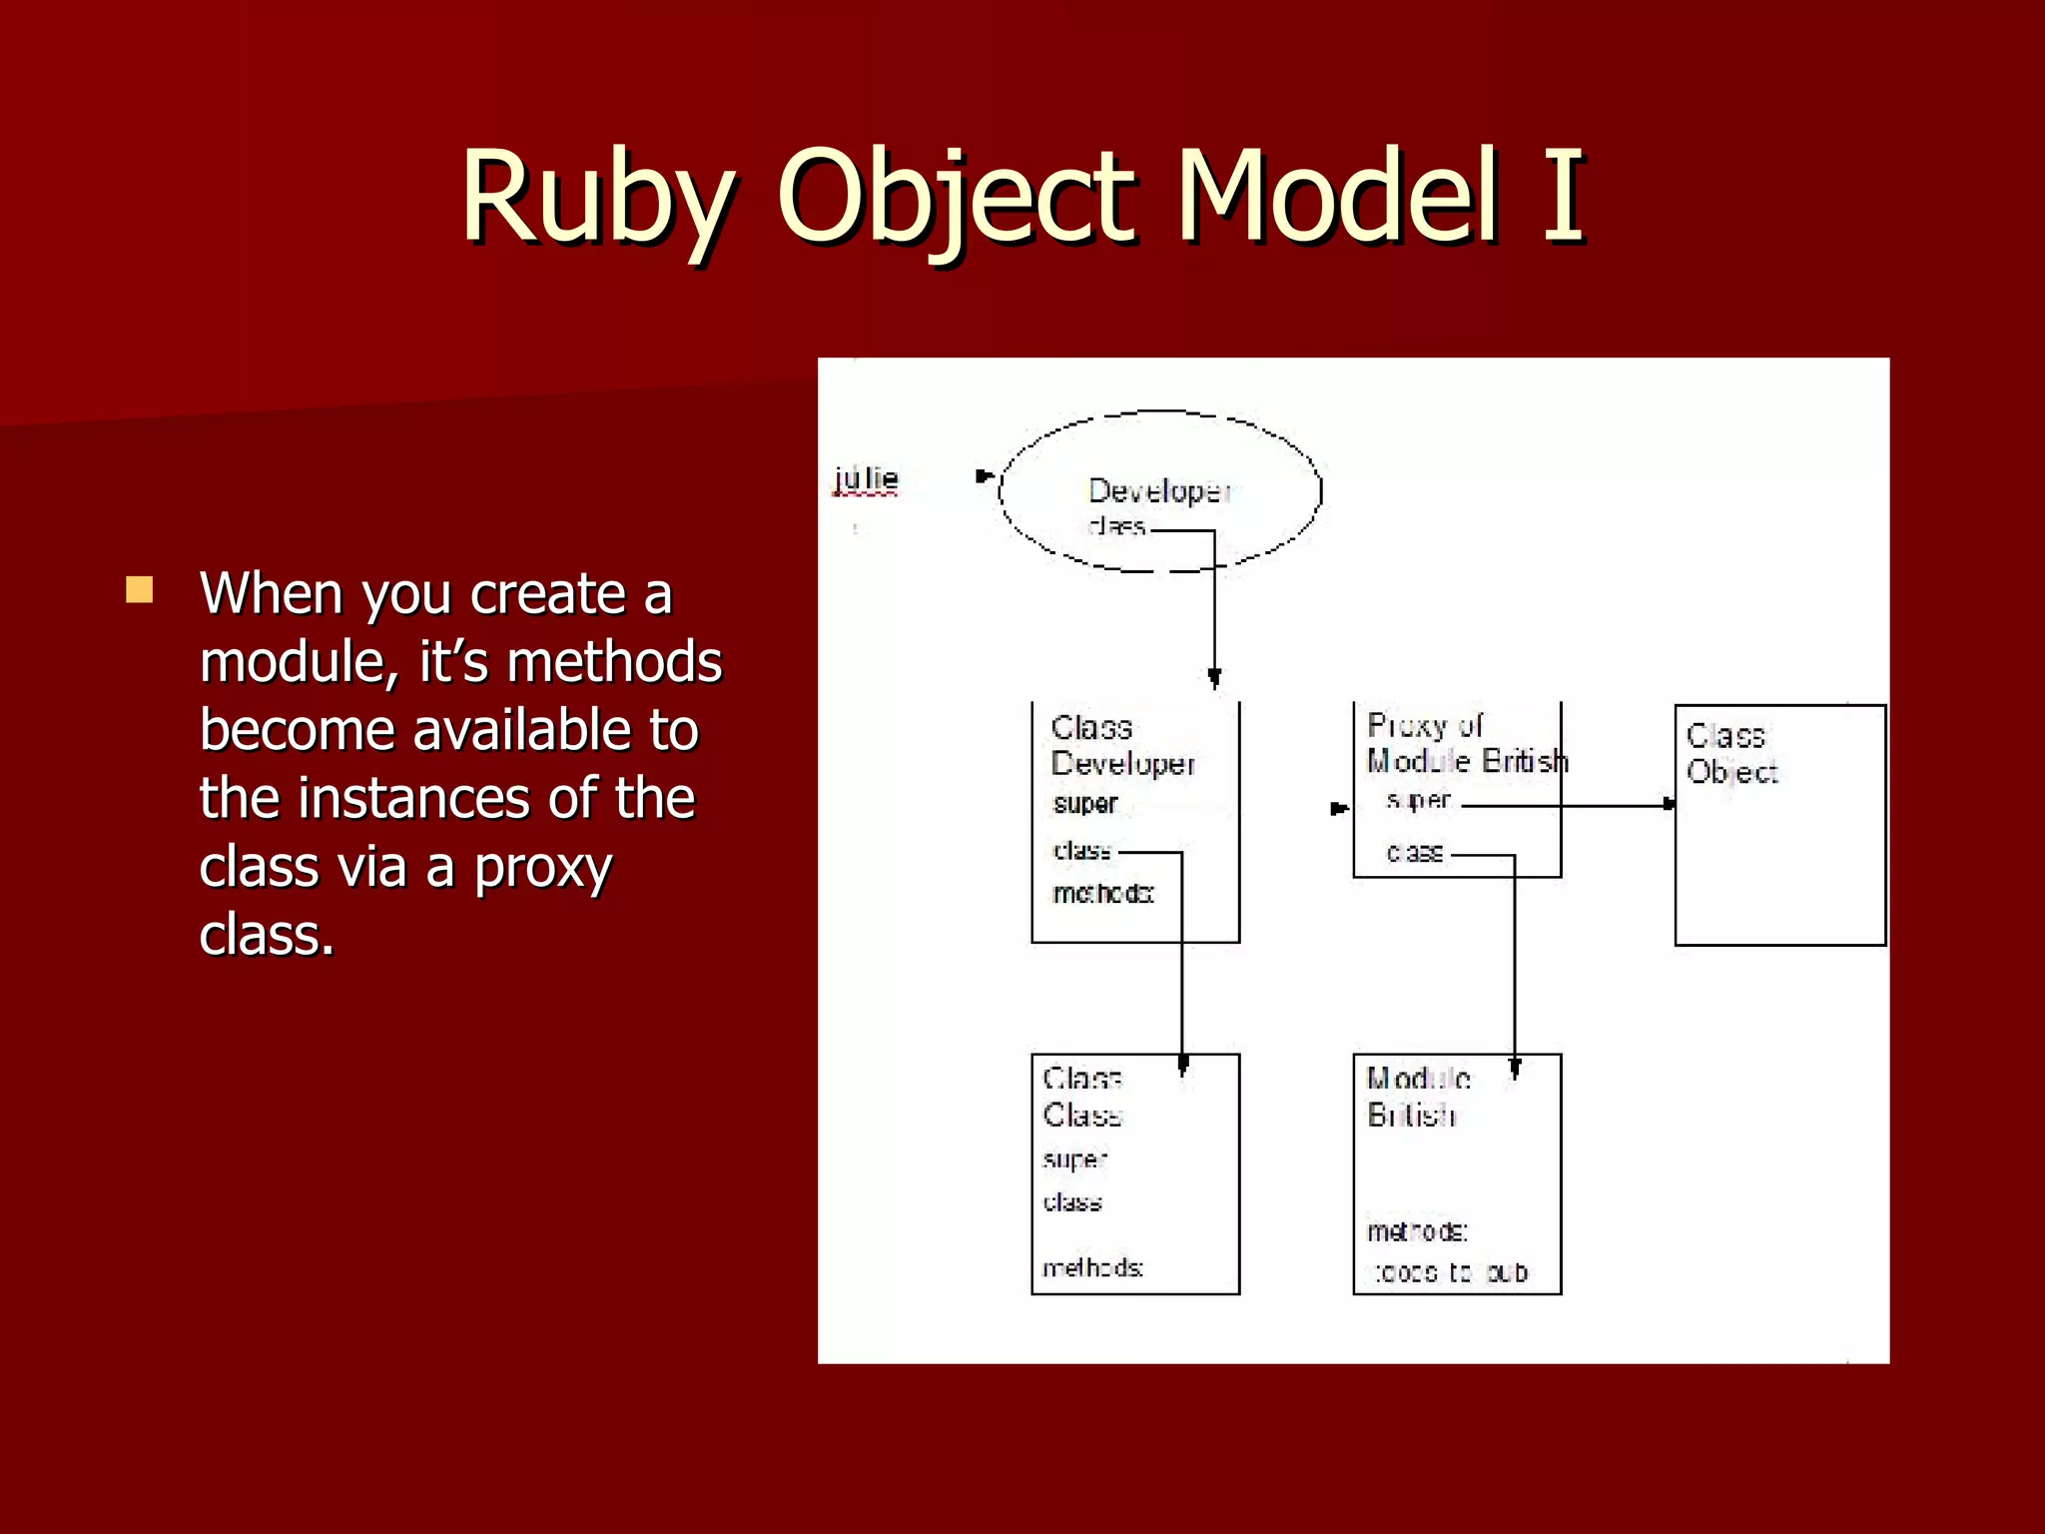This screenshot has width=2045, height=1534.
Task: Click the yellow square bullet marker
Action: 140,590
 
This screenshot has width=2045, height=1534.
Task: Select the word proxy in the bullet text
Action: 542,867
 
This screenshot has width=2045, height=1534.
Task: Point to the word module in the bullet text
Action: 298,662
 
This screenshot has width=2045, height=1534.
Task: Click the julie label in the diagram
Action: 866,479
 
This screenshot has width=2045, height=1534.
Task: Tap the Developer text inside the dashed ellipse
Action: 1158,491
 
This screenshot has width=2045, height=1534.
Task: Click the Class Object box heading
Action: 1730,754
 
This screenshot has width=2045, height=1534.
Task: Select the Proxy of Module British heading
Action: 1465,744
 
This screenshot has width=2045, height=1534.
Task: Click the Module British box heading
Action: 1417,1097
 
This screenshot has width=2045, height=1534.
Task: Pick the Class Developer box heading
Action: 1120,746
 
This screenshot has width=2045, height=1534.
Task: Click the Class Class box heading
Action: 1081,1097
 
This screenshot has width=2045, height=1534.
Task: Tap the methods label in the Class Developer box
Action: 1102,893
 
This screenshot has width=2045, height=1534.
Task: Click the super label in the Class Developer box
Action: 1084,804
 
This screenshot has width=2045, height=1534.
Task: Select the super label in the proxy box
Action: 1418,801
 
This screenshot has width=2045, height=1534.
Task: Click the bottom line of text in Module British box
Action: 1450,1272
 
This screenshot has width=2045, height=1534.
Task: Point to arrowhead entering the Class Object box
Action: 1668,804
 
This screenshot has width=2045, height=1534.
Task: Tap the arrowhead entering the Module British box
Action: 1515,1069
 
